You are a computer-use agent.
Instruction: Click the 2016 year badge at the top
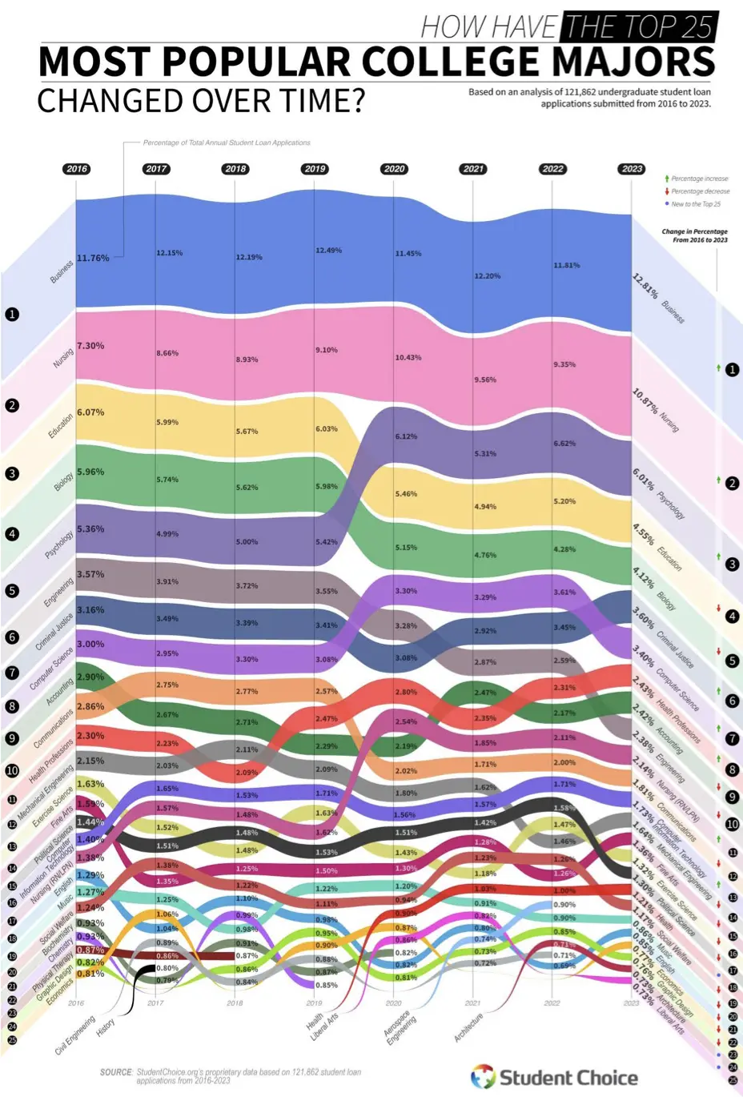[x=77, y=169]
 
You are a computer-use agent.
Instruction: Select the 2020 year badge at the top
[x=394, y=169]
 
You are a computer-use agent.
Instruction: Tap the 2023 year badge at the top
[x=632, y=169]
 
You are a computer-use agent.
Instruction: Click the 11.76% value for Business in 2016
[x=93, y=259]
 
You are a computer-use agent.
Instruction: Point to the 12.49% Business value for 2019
[x=328, y=251]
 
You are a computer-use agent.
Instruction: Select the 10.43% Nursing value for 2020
[x=408, y=358]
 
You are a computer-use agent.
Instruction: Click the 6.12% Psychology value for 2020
[x=406, y=436]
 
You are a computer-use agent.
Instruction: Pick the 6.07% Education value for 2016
[x=90, y=412]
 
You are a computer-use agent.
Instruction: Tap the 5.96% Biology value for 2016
[x=90, y=472]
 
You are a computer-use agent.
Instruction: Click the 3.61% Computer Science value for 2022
[x=564, y=593]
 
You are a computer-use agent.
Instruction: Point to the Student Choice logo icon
[x=483, y=1077]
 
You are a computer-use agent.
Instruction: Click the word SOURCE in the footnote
[x=116, y=1072]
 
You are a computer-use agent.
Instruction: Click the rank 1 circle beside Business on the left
[x=12, y=315]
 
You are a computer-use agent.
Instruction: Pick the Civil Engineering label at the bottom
[x=75, y=1035]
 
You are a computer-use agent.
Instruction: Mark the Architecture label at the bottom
[x=468, y=1027]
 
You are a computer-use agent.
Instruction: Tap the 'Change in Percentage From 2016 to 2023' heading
[x=694, y=235]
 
